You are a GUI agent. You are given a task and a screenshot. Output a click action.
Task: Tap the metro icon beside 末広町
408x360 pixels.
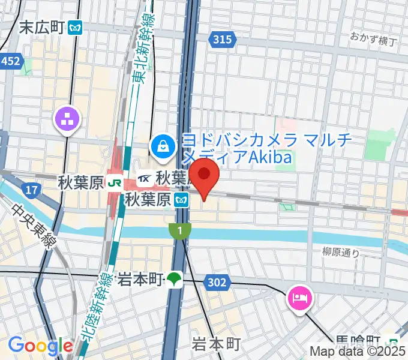[76, 28]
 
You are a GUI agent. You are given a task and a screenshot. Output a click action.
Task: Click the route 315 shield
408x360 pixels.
[221, 40]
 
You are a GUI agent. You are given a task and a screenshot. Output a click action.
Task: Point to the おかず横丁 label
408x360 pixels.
[374, 40]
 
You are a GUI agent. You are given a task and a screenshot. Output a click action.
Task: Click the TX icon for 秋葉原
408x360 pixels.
[145, 178]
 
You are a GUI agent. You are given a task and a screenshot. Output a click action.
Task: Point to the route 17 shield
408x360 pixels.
[32, 191]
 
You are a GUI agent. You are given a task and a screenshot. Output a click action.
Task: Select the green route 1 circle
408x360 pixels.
[179, 229]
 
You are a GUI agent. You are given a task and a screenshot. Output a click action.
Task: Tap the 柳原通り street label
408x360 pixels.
[341, 253]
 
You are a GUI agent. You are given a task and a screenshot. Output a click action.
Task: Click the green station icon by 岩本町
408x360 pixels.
[174, 278]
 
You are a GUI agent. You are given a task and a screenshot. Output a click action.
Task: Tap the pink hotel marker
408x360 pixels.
[299, 297]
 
